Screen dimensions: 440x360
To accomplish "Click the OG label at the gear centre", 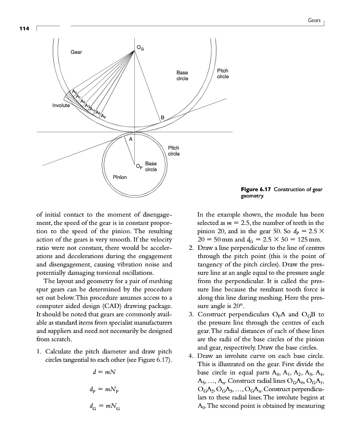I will click(x=141, y=47).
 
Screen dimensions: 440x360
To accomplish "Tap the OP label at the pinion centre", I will click(x=139, y=166).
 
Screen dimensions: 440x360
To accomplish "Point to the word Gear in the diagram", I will click(x=76, y=51).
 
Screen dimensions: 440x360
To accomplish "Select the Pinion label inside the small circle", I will click(x=120, y=176).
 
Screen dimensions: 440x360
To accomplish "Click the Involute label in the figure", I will click(x=61, y=105).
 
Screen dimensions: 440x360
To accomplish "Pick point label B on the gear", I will click(x=163, y=117).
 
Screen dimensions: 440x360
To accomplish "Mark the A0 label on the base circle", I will click(x=74, y=91).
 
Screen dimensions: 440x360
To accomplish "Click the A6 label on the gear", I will click(x=104, y=115).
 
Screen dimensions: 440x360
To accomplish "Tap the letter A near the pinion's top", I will click(x=130, y=139).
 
